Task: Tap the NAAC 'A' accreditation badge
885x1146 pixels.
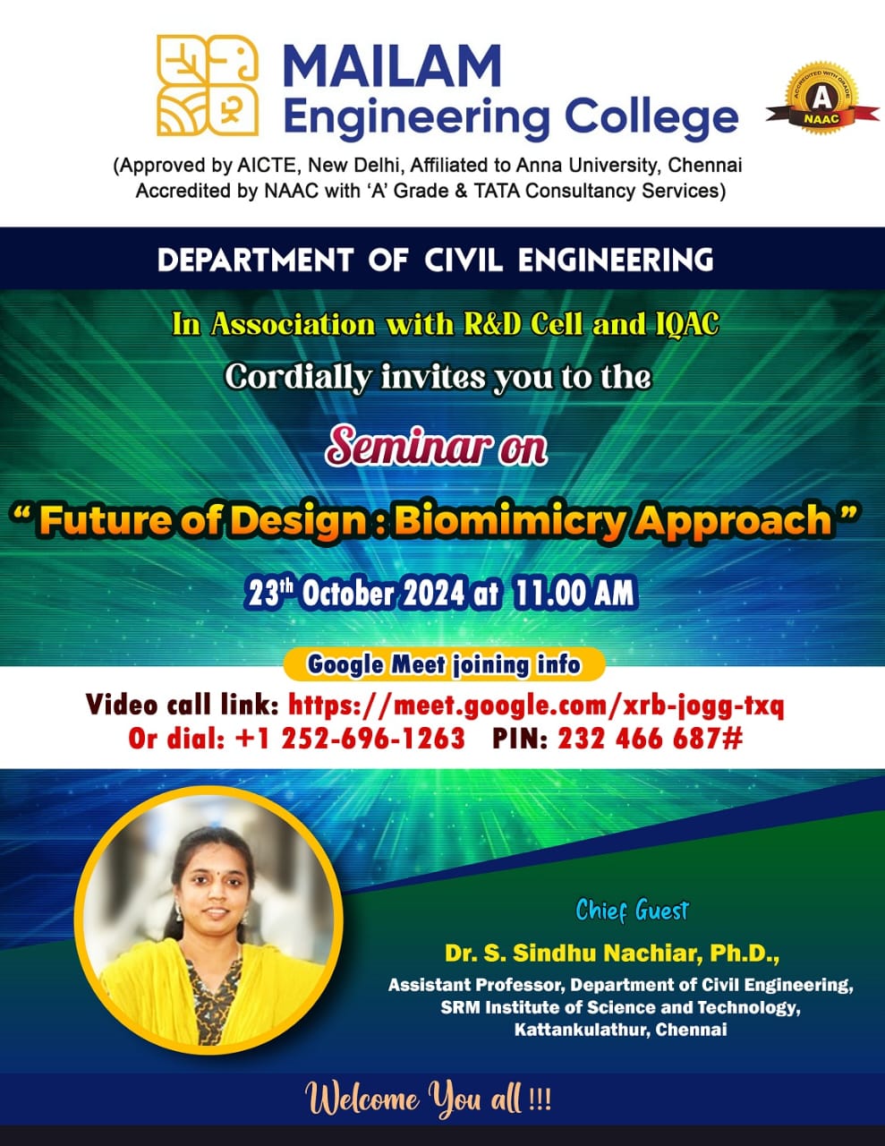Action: [x=821, y=98]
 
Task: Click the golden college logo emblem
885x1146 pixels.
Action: [x=207, y=85]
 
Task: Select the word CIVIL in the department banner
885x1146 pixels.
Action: [x=464, y=260]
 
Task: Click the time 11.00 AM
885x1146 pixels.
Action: [x=574, y=593]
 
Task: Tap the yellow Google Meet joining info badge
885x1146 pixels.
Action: [x=444, y=664]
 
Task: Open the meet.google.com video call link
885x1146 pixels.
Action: [x=536, y=706]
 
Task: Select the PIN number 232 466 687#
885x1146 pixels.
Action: [x=651, y=738]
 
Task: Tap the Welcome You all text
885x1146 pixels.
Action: [x=428, y=1099]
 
